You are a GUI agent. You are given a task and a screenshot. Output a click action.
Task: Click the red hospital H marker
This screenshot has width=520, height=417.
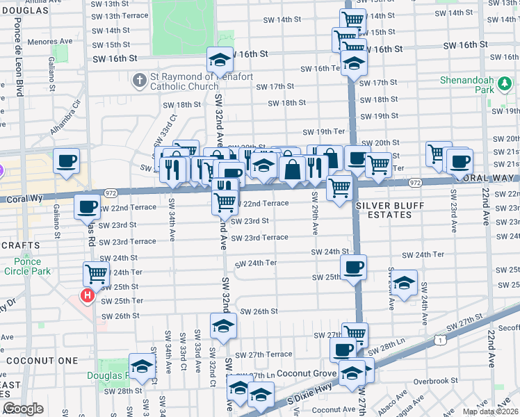88,296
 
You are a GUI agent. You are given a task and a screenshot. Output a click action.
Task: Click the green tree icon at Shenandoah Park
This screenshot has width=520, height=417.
505,85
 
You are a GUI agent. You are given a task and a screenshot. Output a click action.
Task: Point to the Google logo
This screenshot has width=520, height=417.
23,409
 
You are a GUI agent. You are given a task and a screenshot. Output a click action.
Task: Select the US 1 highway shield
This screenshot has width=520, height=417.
439,340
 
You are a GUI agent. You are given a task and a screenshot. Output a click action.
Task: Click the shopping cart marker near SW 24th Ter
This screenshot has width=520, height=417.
95,273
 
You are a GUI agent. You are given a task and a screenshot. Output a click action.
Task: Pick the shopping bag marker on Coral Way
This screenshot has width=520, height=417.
293,169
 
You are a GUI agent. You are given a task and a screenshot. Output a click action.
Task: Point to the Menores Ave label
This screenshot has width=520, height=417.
55,41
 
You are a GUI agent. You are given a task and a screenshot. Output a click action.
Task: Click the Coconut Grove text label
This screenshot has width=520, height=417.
305,374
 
